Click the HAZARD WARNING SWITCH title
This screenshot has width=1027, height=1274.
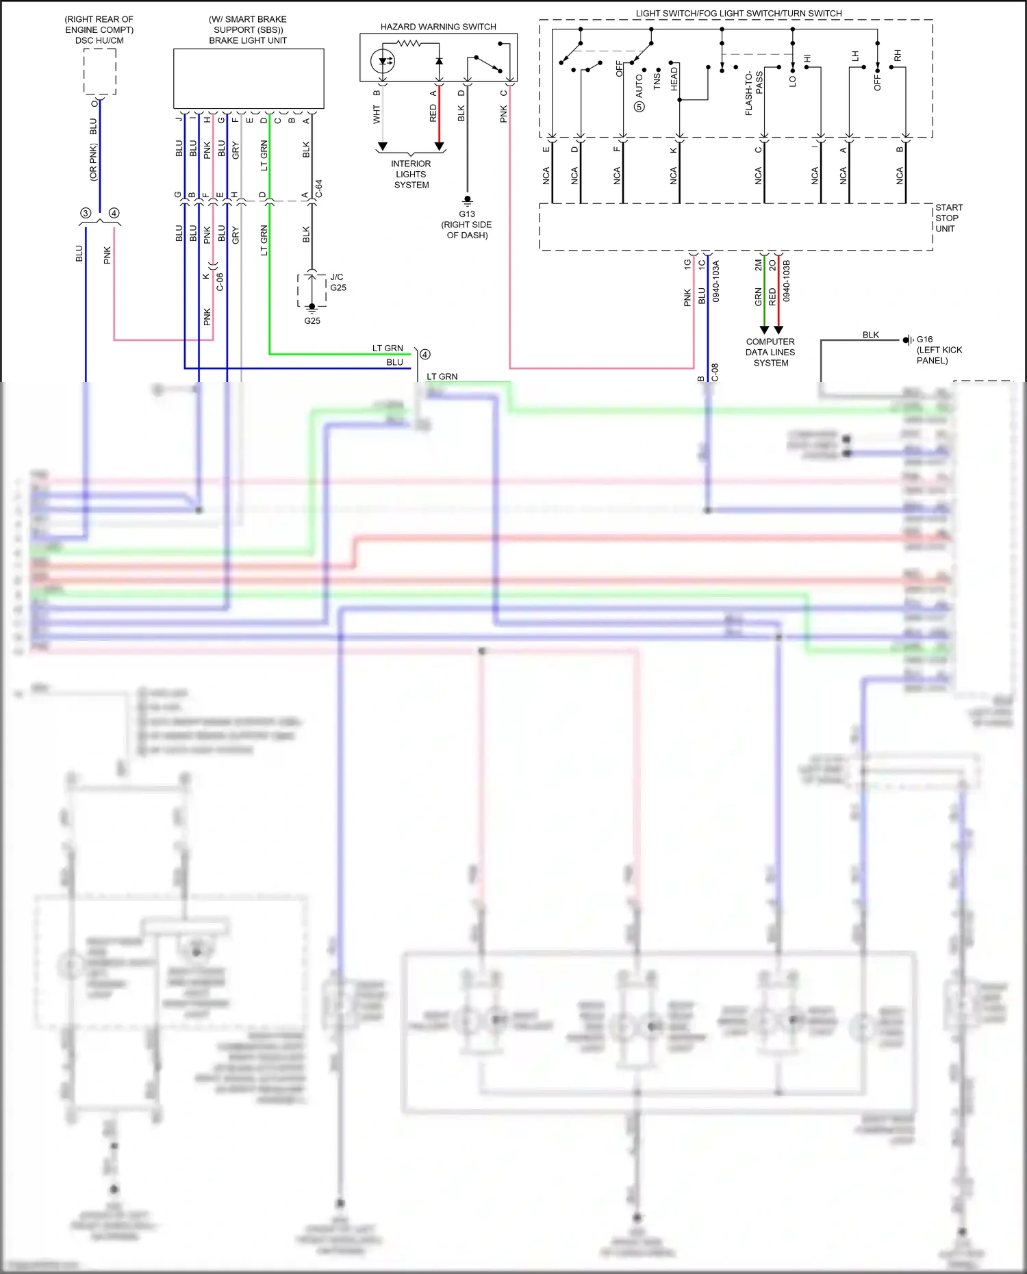(x=438, y=27)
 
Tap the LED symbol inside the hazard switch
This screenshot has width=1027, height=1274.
(x=383, y=62)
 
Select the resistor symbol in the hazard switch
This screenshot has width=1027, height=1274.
(x=409, y=43)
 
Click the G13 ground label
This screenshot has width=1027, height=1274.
(x=467, y=214)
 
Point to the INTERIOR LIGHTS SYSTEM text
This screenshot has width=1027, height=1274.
(x=411, y=175)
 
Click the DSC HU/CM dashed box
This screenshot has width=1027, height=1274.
(x=100, y=71)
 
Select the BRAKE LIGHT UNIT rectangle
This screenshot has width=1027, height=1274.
(x=249, y=78)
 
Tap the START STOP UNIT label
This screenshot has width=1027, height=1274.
(x=948, y=218)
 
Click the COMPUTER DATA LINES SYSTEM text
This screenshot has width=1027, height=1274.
(x=770, y=352)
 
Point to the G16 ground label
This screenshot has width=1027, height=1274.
(x=924, y=340)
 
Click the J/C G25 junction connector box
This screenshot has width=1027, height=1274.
(x=312, y=290)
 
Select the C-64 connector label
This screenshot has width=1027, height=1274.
(x=319, y=188)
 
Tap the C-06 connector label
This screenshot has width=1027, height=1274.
(x=220, y=281)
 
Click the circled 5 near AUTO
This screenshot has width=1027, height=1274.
(x=639, y=107)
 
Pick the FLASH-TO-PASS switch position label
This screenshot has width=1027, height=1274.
(x=754, y=92)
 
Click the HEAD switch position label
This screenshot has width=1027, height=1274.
(x=674, y=79)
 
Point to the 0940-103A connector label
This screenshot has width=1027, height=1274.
(x=716, y=281)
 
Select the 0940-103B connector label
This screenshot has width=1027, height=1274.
(x=787, y=281)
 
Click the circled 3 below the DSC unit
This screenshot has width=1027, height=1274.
(x=86, y=213)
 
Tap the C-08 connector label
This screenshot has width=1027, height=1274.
(x=715, y=372)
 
